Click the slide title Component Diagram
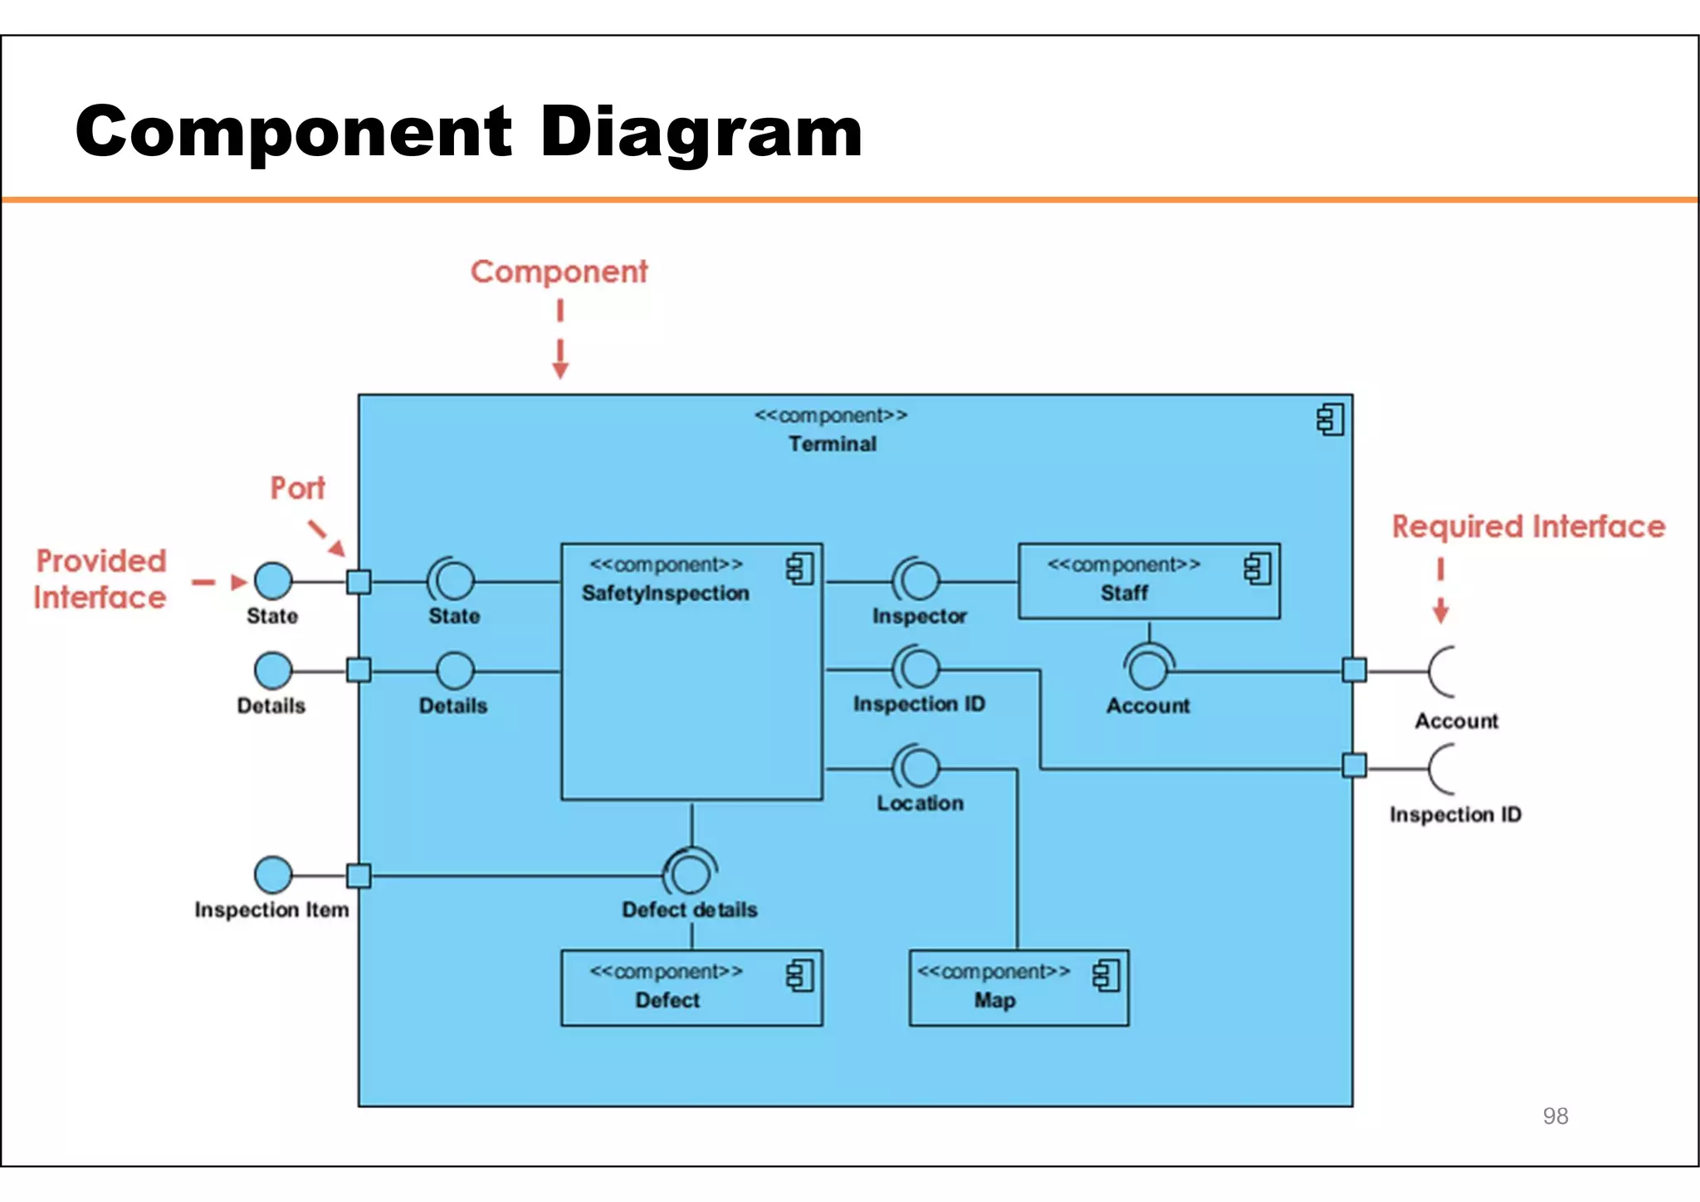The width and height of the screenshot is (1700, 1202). coord(469,133)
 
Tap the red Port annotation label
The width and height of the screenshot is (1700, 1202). coord(297,488)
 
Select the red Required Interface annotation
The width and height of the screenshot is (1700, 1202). coord(1528,527)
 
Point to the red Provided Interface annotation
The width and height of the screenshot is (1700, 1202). coord(100,579)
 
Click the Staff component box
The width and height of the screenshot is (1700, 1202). coord(1148,581)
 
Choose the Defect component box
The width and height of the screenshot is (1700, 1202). coord(691,988)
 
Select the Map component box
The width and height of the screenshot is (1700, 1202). coord(1018,988)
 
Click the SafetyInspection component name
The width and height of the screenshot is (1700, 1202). coord(665,594)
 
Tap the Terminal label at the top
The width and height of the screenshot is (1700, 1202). coord(832,444)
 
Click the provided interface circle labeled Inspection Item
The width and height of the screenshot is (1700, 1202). coord(273,875)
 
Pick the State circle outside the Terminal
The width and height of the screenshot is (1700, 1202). coord(273,580)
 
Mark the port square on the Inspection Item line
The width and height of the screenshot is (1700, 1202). coord(359,876)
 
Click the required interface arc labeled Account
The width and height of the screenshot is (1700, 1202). coord(1441,671)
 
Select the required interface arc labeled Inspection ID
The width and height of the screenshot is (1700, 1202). coord(1441,769)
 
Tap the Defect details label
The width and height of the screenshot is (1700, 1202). coord(689,910)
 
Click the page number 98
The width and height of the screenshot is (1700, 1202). coord(1555,1116)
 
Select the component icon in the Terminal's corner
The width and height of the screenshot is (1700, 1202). coord(1330,420)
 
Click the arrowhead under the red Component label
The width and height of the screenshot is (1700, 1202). coord(560,369)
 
